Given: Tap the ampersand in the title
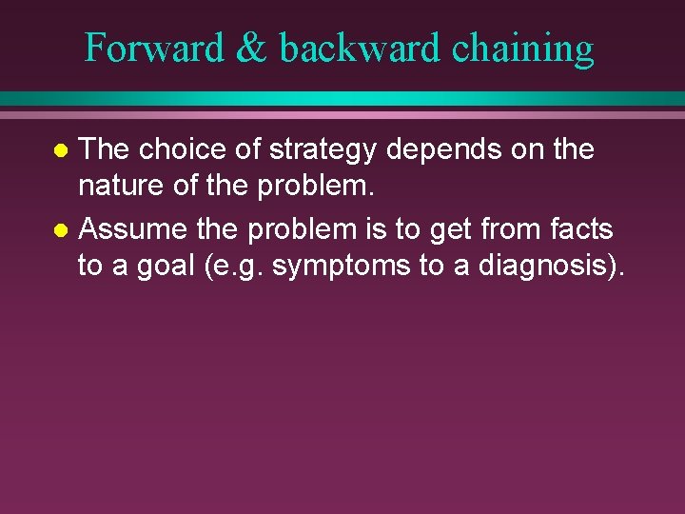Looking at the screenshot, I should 250,48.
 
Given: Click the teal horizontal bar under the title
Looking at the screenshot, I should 342,98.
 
